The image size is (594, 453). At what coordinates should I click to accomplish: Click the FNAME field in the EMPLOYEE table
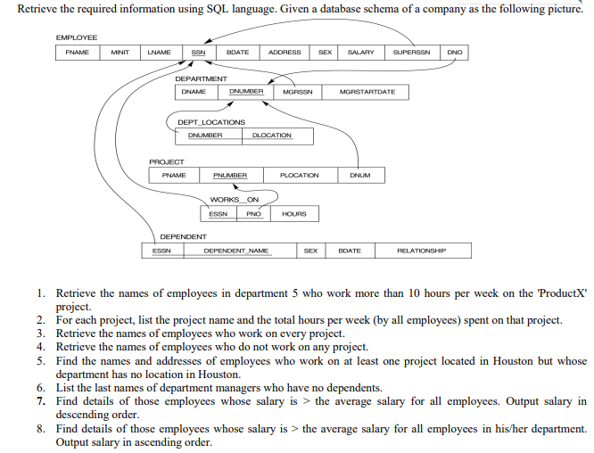77,53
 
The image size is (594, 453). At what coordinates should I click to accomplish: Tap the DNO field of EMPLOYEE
455,53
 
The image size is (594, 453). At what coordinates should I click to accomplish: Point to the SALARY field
360,53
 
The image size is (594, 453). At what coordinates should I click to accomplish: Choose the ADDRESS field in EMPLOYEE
285,53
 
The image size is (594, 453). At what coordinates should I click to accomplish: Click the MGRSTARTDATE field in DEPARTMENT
368,92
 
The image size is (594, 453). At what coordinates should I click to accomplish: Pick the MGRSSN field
297,92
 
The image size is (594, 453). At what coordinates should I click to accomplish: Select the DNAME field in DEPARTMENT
194,92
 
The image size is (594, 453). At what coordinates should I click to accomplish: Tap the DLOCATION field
272,136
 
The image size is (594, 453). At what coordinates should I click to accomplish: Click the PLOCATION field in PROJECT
299,176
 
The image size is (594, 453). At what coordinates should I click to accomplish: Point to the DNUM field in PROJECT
360,176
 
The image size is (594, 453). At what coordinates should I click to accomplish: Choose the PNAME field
174,176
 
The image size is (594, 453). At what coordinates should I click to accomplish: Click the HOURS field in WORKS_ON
293,214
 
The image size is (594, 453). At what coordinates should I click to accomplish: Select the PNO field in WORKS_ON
253,214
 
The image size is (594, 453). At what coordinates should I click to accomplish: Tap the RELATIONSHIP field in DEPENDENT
422,251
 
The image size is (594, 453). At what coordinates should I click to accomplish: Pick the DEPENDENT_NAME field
236,251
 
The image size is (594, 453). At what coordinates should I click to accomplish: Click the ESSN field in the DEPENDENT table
161,251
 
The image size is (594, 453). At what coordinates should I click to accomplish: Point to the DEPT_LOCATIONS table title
211,122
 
